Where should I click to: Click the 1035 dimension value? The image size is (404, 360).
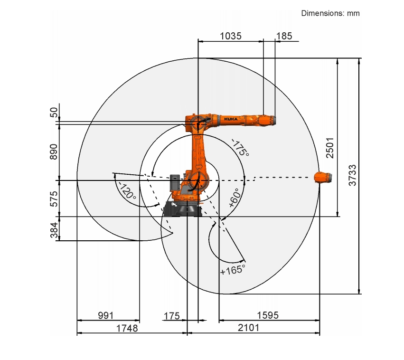click(x=231, y=36)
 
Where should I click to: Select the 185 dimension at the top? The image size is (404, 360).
click(x=284, y=36)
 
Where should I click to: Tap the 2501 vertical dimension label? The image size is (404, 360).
click(x=329, y=148)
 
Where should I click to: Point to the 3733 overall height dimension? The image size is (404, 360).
click(x=352, y=175)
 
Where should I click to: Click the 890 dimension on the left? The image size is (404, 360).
click(x=53, y=152)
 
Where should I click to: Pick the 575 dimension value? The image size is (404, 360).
click(x=54, y=199)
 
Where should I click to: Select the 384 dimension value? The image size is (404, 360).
click(x=54, y=230)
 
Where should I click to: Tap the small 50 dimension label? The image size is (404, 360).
click(x=54, y=113)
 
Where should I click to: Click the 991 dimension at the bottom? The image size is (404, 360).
click(x=106, y=315)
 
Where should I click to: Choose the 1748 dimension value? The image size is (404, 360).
click(x=127, y=328)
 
